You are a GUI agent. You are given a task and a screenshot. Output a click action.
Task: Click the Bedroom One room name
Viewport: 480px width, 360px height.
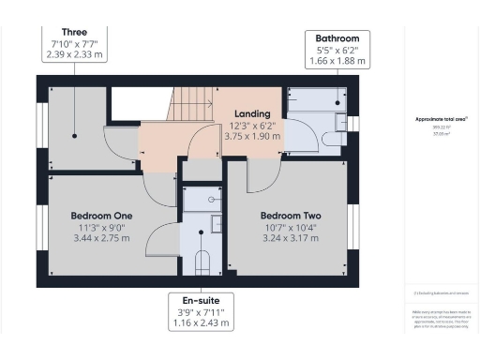(102, 215)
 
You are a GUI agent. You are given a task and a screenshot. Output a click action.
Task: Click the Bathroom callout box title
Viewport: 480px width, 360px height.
(337, 37)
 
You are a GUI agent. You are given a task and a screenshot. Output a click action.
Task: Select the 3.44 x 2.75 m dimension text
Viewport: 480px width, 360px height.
(102, 240)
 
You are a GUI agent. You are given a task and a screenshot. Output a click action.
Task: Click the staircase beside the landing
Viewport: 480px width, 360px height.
(190, 105)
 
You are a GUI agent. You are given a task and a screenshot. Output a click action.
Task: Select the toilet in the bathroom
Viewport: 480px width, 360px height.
(332, 139)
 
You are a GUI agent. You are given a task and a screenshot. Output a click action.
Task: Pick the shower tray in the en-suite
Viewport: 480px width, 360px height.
(202, 199)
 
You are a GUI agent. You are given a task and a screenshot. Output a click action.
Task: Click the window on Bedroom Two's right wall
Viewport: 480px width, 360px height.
(353, 225)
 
